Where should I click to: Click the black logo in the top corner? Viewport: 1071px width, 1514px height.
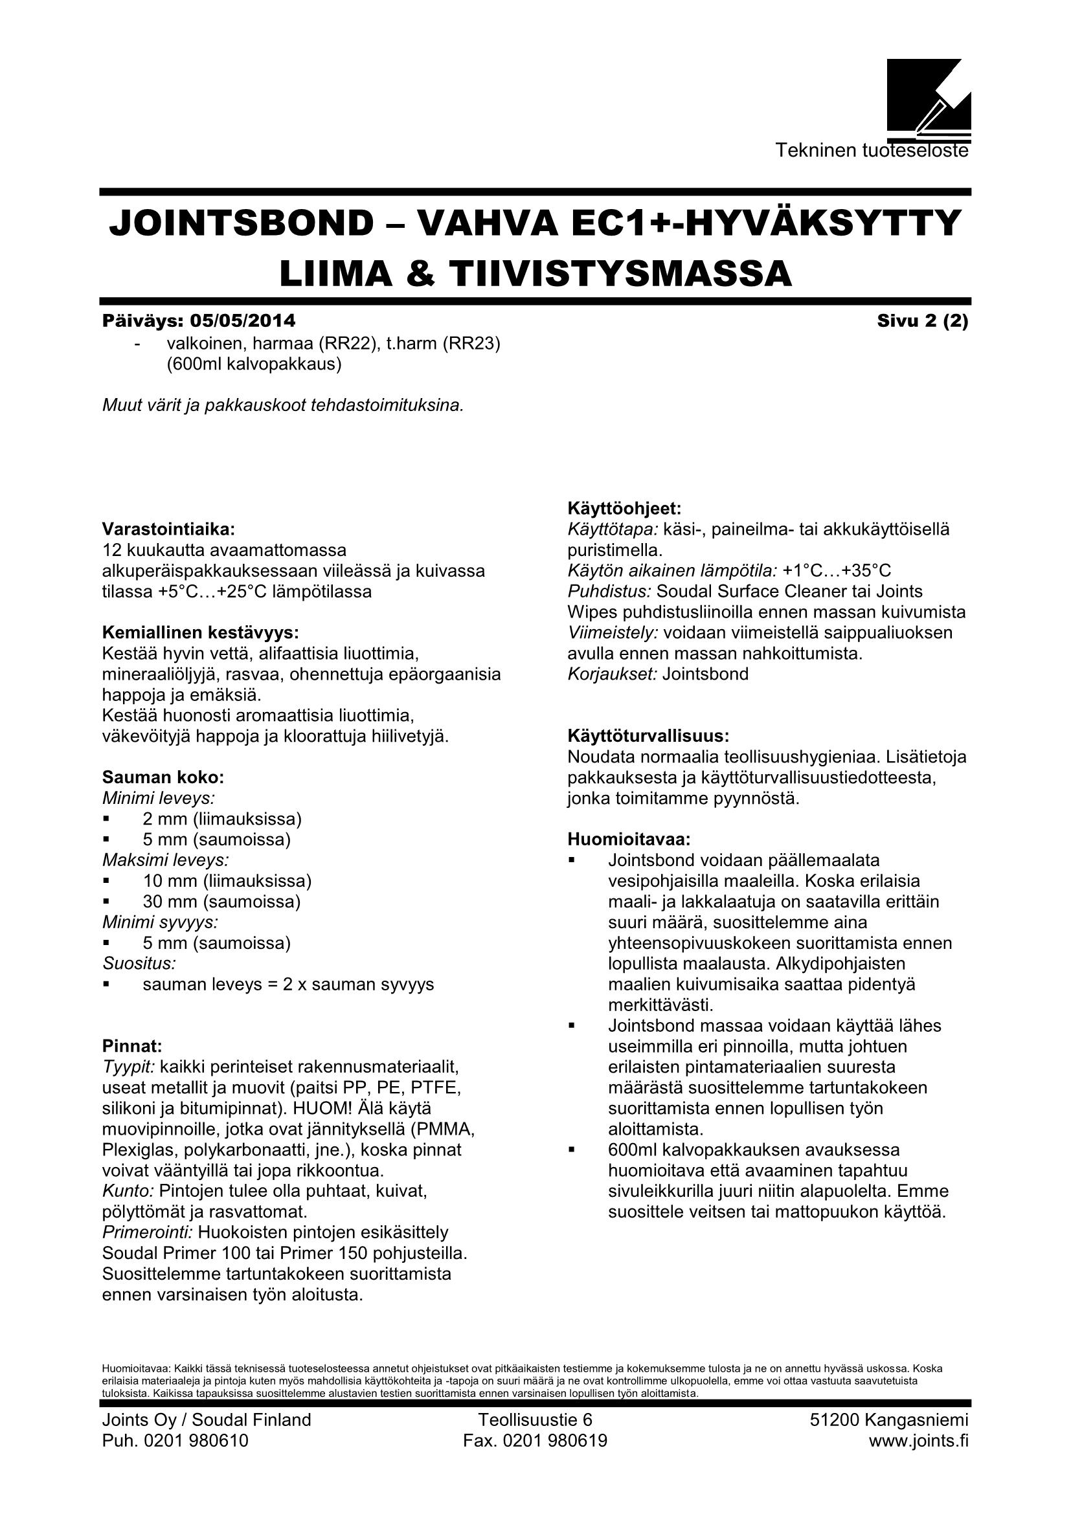(x=928, y=96)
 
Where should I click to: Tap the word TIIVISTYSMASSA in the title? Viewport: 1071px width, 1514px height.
(x=599, y=274)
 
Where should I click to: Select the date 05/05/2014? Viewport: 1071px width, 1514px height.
(x=243, y=321)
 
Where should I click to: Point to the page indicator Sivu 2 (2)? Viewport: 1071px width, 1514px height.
(x=922, y=321)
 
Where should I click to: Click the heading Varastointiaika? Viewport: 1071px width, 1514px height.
(x=168, y=529)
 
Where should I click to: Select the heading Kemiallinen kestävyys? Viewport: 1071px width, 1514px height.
(x=201, y=633)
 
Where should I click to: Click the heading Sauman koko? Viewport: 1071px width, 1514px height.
(x=163, y=777)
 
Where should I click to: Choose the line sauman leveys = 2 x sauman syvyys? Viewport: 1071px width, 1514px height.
(x=288, y=985)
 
